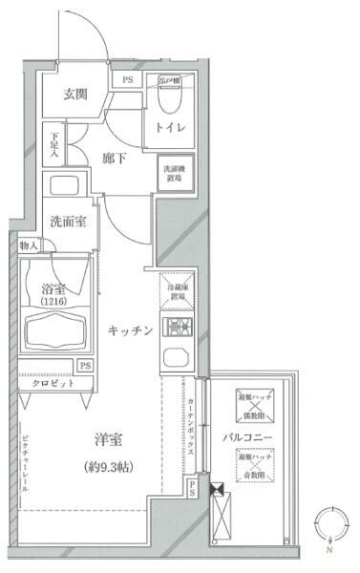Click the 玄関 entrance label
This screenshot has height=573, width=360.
tap(76, 95)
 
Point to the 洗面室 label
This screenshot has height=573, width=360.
tap(69, 221)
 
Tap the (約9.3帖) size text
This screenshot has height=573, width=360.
tap(110, 468)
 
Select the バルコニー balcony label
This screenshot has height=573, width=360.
tap(250, 437)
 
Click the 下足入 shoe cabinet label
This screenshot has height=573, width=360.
tap(54, 146)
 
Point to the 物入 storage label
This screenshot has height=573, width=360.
tap(30, 245)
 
